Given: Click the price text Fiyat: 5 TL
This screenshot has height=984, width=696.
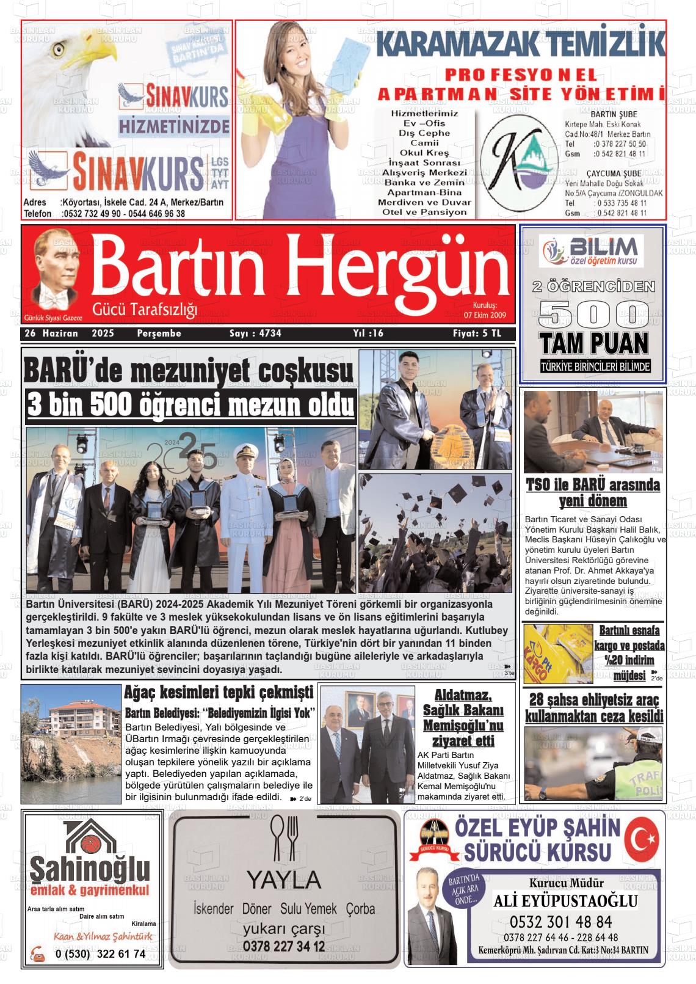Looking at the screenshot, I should [x=476, y=333].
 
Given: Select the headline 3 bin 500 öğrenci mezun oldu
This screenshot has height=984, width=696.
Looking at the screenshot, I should [x=190, y=406].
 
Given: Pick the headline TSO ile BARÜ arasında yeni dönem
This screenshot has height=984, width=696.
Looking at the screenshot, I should [x=593, y=493].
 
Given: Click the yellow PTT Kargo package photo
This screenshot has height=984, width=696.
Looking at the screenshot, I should [x=556, y=654].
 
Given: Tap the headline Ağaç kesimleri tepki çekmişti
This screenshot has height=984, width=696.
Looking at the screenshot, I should [x=219, y=693].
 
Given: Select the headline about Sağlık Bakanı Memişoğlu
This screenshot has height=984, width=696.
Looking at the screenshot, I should [x=463, y=718].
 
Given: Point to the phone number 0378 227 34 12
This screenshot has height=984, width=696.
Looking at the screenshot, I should [x=283, y=946].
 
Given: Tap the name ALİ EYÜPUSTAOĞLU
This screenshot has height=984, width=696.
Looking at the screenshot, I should [x=565, y=901].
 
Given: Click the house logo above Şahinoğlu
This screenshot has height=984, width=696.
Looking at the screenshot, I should [x=90, y=837].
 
